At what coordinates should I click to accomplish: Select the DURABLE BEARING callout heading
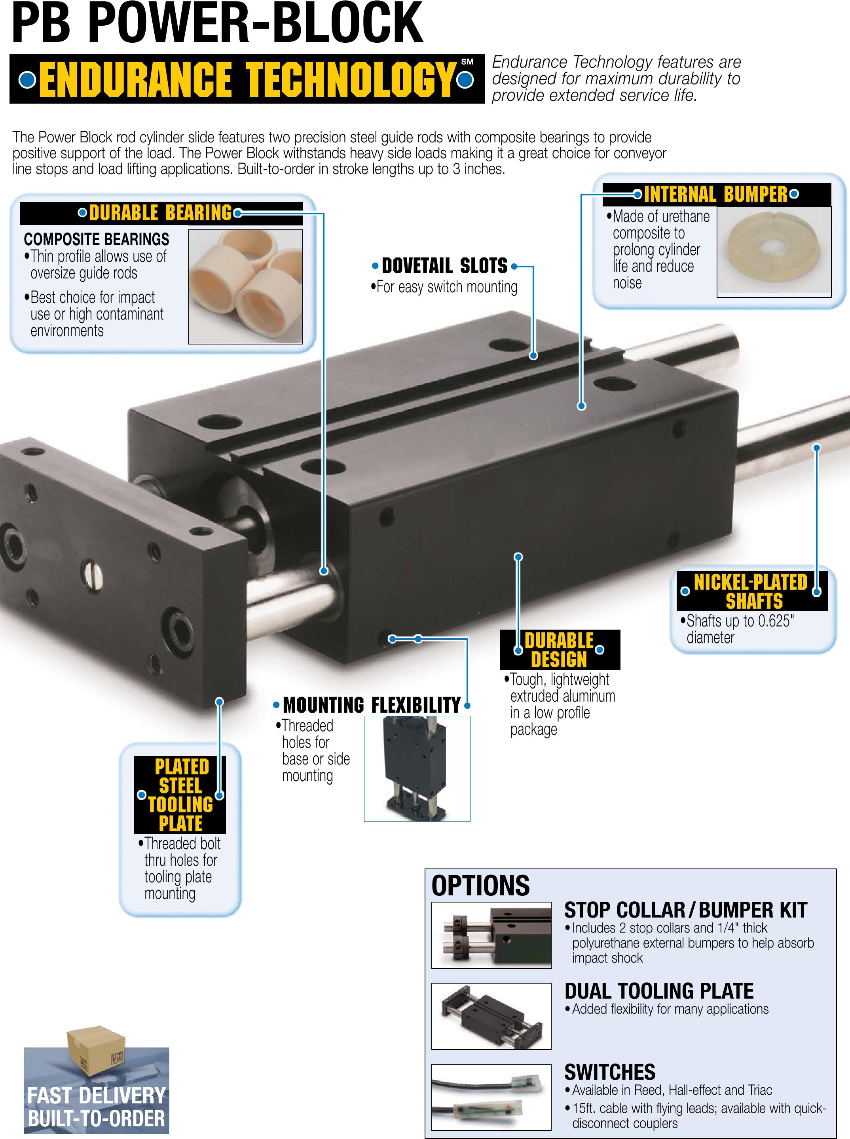coord(161,213)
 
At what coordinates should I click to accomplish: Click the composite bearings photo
coord(245,286)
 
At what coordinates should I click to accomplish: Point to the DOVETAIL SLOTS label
coord(444,266)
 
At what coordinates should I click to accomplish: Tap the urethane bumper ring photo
coord(774,252)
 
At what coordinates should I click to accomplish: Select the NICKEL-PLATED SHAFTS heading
coord(751,591)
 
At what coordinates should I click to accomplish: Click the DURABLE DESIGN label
coord(559,650)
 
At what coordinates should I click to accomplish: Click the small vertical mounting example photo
coord(417,769)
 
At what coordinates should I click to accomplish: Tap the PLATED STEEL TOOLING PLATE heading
coord(180,795)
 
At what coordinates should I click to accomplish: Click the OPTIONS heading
coord(480,885)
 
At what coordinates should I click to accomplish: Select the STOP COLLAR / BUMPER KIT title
coord(685,910)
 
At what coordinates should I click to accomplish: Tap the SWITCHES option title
coord(610,1072)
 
